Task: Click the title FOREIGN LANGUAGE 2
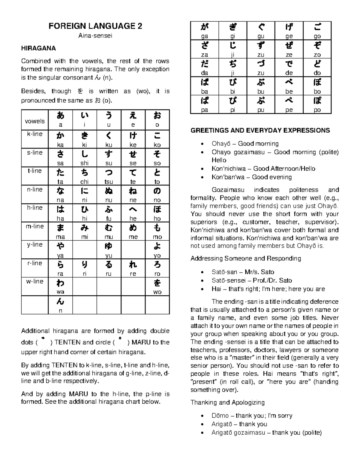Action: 95,26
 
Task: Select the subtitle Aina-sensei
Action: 95,36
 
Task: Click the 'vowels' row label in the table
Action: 35,121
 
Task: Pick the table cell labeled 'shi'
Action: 85,158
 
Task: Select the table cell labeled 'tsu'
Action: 109,176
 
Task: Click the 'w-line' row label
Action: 35,281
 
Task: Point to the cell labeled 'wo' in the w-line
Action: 157,287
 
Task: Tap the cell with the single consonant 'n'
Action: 60,305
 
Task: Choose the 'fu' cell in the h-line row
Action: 109,213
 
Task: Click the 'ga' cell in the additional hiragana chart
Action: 204,31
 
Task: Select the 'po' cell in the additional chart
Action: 317,104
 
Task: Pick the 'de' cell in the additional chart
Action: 289,68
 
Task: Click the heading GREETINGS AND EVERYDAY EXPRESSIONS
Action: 260,131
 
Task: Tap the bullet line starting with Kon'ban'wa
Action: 251,177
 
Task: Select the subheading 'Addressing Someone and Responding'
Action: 246,258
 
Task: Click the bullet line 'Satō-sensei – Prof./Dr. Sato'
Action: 252,281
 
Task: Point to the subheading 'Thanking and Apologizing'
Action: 227,402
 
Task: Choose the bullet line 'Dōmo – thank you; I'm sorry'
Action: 252,416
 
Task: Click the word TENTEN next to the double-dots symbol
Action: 68,342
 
